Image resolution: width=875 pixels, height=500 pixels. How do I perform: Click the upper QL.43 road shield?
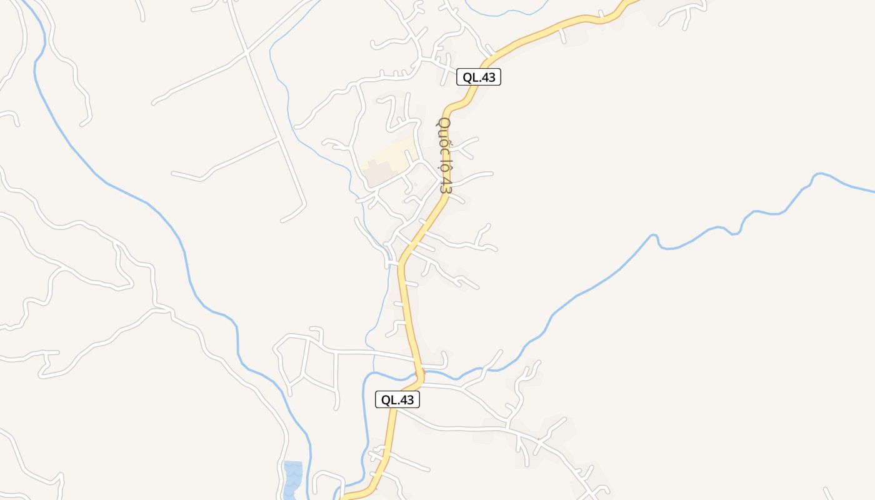click(x=479, y=77)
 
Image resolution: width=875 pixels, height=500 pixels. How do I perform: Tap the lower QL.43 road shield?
click(x=397, y=400)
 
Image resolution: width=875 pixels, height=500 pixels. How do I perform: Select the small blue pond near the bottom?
click(x=292, y=479)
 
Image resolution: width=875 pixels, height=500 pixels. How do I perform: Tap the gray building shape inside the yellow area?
click(x=379, y=172)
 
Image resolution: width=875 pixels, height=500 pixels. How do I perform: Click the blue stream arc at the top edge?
click(x=506, y=12)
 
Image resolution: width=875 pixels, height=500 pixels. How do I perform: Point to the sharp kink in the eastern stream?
click(x=654, y=237)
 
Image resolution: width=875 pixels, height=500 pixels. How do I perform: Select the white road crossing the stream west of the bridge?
click(x=374, y=352)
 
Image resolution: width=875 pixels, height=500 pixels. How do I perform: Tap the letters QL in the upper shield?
click(x=471, y=77)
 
